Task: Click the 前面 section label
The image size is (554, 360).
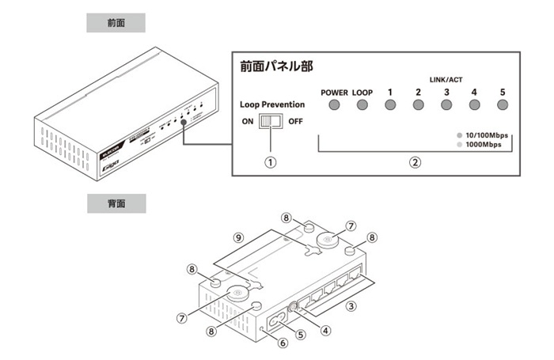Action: point(116,23)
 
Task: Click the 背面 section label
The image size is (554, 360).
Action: point(116,203)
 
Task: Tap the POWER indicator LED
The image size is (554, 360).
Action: point(334,105)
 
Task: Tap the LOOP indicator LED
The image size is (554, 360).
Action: point(362,105)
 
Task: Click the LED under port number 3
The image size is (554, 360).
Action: point(446,105)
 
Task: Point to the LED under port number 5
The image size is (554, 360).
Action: point(502,105)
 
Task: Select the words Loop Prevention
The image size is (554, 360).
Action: point(271,104)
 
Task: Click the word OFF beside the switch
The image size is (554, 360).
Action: point(295,122)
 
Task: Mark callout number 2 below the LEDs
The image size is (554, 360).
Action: point(414,163)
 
